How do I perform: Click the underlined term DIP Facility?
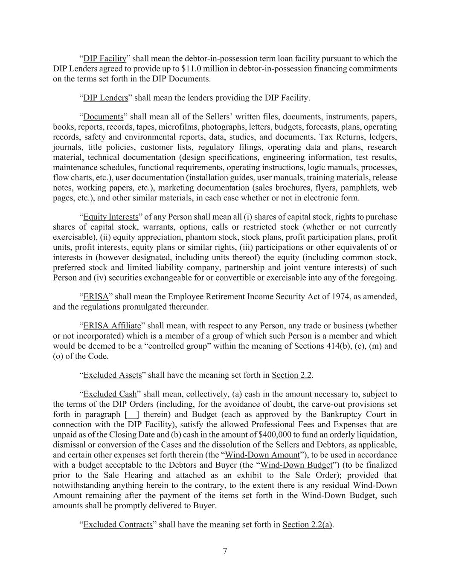tap(105, 58)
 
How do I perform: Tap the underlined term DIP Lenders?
tap(105, 98)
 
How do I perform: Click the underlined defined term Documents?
tap(103, 116)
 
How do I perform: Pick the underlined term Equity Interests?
tap(111, 217)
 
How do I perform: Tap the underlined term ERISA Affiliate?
tap(112, 326)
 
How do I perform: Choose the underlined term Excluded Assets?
tap(113, 375)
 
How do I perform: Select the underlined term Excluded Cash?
tap(110, 394)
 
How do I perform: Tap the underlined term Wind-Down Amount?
tap(262, 455)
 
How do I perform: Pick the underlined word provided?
tap(363, 475)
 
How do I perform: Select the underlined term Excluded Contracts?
tap(118, 524)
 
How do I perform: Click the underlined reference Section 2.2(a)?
tap(307, 524)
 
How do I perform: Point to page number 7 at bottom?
tap(225, 551)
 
